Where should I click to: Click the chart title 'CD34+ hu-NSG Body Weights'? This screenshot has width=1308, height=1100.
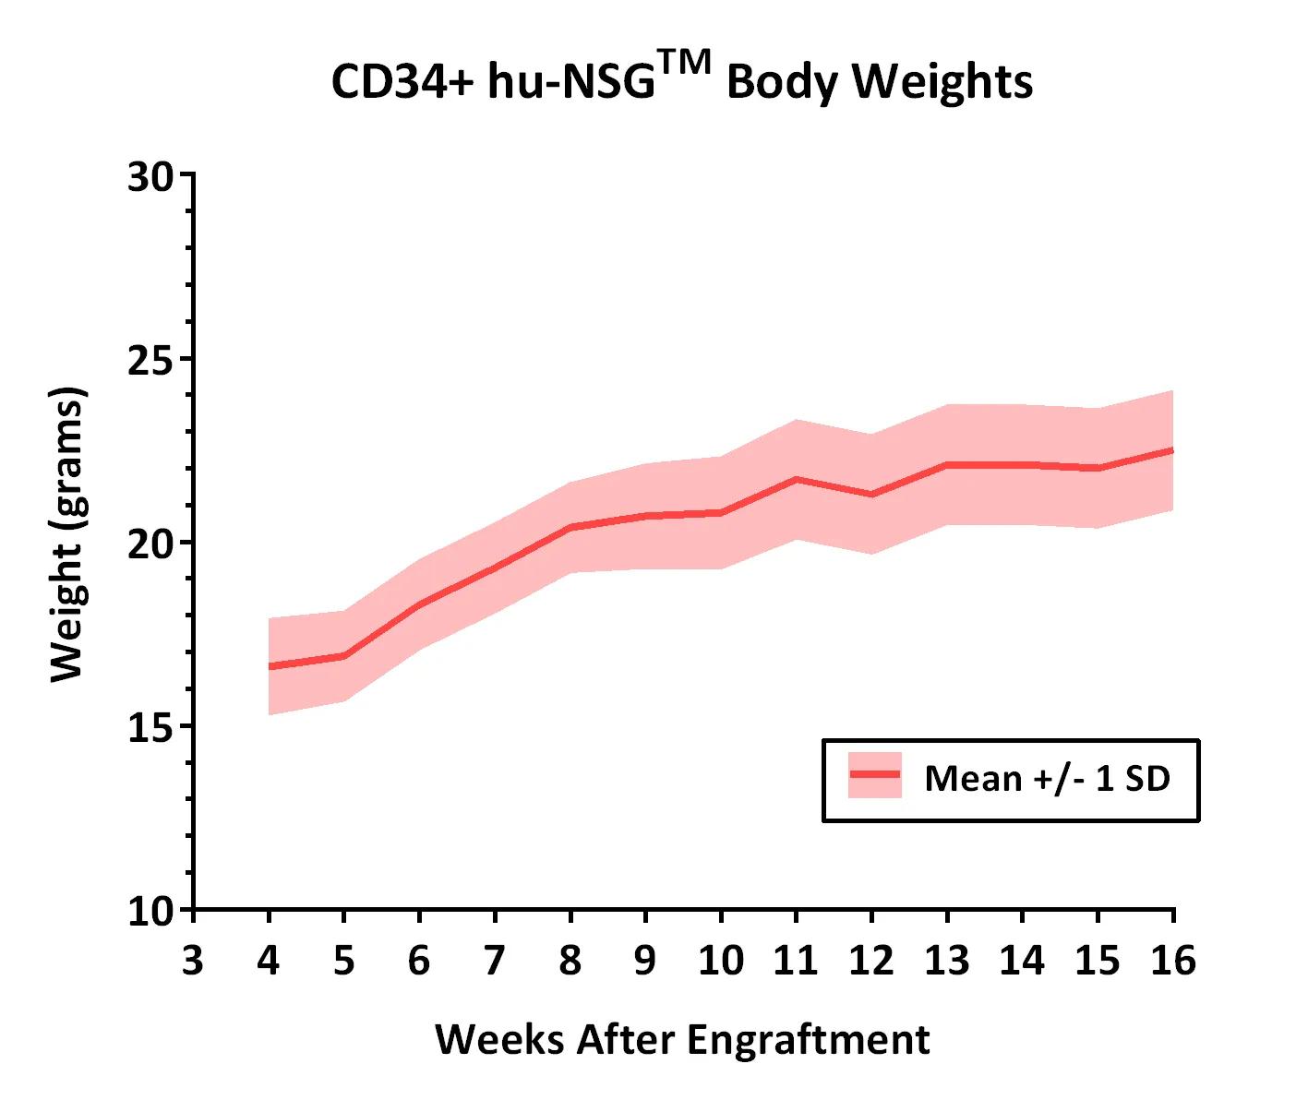tap(681, 81)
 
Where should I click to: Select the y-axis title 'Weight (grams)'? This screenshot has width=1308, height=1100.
tap(66, 535)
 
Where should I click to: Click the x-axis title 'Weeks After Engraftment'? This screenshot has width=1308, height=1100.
tap(682, 1040)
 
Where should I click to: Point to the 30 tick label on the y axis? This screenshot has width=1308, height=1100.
tap(150, 175)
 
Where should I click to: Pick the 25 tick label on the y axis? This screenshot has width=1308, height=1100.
tap(150, 359)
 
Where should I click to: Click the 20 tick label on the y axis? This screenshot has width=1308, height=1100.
tap(150, 543)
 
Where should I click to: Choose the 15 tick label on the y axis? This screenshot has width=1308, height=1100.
tap(150, 726)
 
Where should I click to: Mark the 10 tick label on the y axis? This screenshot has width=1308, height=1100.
tap(150, 911)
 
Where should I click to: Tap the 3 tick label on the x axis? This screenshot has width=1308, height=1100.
tap(192, 961)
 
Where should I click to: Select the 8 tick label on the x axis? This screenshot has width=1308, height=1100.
tap(570, 961)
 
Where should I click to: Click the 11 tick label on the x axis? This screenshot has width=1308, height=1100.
tap(796, 961)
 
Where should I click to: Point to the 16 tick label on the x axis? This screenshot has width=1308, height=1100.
tap(1173, 961)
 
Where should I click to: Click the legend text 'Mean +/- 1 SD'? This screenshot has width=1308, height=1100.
tap(1047, 779)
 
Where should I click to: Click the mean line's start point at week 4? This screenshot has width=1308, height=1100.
tap(269, 666)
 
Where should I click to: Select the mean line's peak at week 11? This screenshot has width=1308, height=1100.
tap(796, 479)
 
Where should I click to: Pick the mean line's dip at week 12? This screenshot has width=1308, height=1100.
tap(871, 495)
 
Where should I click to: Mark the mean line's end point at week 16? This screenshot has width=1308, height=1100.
tap(1172, 450)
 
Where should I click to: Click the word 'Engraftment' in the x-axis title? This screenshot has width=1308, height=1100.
tap(808, 1040)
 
